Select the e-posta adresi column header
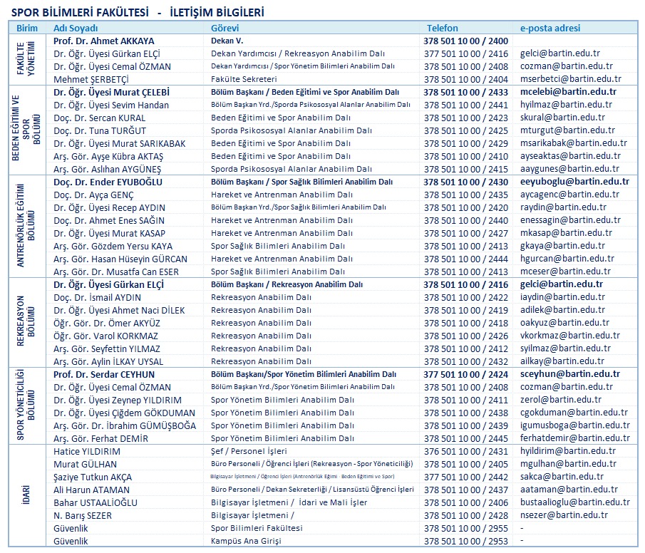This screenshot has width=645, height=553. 550,29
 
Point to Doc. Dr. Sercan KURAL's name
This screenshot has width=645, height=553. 100,118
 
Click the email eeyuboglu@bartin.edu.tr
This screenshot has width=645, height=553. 574,182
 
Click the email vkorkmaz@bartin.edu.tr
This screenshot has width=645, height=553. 569,336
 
